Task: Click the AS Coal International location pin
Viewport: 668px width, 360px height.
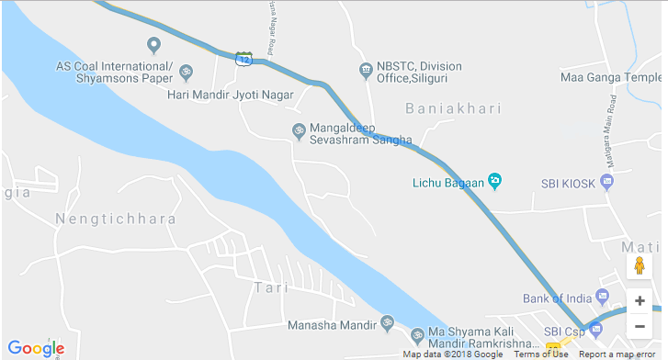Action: pyautogui.click(x=153, y=44)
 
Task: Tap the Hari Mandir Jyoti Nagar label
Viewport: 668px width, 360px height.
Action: pyautogui.click(x=230, y=95)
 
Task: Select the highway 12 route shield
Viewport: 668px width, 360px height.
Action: pyautogui.click(x=243, y=59)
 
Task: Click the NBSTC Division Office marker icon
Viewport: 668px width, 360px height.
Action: pyautogui.click(x=365, y=69)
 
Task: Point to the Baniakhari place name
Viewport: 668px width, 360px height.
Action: pyautogui.click(x=454, y=108)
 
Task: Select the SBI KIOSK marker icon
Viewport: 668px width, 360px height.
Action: pyautogui.click(x=606, y=182)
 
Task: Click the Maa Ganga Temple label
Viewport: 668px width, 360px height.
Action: pyautogui.click(x=610, y=78)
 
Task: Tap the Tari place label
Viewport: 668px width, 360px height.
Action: pyautogui.click(x=265, y=287)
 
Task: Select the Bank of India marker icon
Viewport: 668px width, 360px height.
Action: pyautogui.click(x=602, y=297)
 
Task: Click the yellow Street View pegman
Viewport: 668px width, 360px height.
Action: pyautogui.click(x=639, y=267)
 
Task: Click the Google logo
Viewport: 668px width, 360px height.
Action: pyautogui.click(x=37, y=348)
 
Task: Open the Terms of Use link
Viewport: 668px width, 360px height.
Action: pyautogui.click(x=540, y=354)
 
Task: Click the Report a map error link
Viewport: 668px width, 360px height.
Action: pyautogui.click(x=617, y=354)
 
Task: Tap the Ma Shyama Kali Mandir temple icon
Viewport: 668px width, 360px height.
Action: pyautogui.click(x=416, y=332)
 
